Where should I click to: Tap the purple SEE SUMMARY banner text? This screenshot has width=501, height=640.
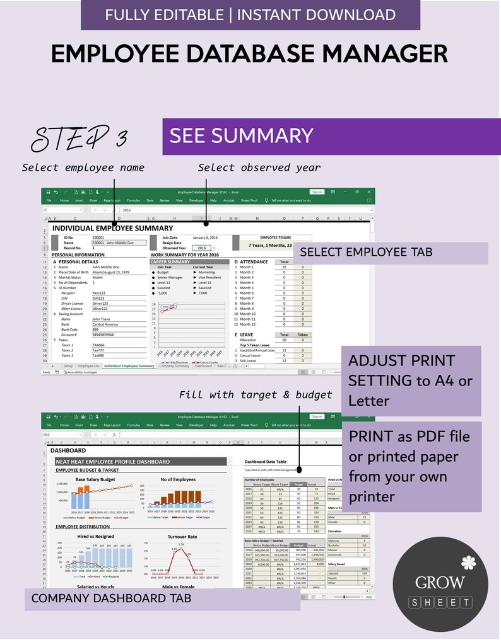click(x=242, y=135)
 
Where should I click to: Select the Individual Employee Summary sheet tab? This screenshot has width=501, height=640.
click(x=129, y=365)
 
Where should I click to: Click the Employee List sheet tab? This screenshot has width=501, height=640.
click(x=88, y=365)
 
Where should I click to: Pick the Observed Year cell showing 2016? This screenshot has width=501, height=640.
click(x=201, y=248)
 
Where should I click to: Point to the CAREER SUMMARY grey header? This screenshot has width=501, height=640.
click(x=170, y=261)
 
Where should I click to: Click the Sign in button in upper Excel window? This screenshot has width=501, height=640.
click(x=316, y=191)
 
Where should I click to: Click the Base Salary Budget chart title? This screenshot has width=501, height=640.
click(x=95, y=479)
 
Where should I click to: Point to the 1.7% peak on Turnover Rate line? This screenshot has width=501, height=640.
click(x=181, y=545)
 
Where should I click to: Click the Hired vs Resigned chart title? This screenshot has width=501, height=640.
click(x=95, y=536)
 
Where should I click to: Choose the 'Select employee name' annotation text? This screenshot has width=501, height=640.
click(x=83, y=168)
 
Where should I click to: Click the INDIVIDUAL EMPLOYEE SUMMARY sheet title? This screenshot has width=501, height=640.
click(x=112, y=228)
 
